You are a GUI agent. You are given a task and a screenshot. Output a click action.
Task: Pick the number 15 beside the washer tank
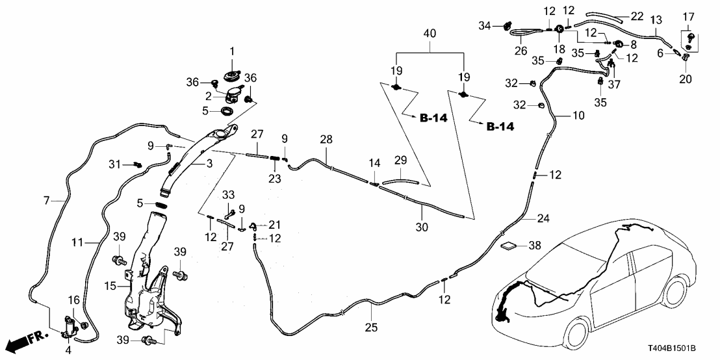tap(110, 285)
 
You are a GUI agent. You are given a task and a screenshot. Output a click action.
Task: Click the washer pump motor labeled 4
tap(70, 325)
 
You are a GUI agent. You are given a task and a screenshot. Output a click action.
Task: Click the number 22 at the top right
tap(637, 16)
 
